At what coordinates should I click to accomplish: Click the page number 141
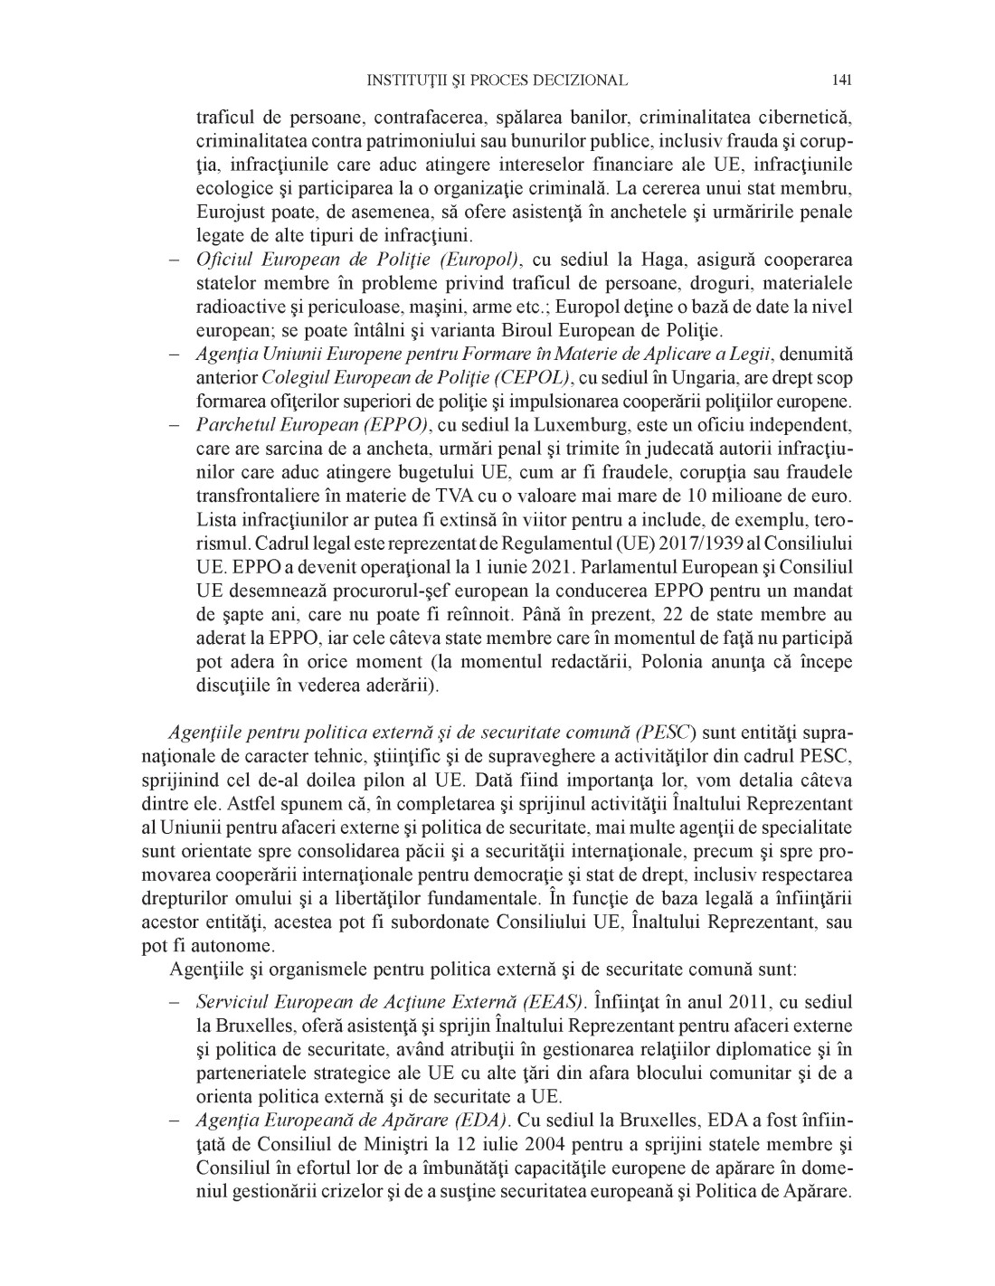(841, 80)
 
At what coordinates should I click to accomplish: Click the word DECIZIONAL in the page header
(578, 80)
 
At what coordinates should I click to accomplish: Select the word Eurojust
(226, 213)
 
